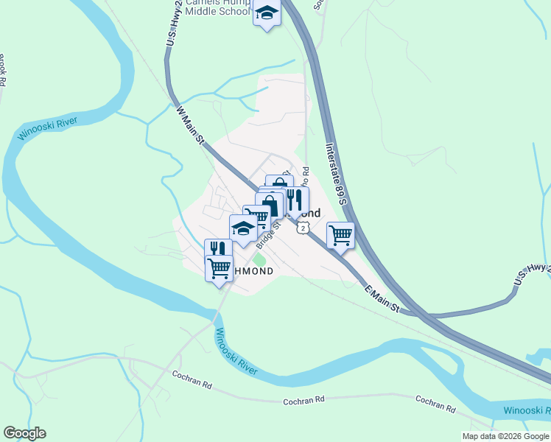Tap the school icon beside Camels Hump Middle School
267,13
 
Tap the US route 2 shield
302,229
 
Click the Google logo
24,433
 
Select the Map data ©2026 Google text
505,436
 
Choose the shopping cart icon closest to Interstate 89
340,236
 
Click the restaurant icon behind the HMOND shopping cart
217,249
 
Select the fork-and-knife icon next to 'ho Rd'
295,199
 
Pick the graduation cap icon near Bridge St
243,228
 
